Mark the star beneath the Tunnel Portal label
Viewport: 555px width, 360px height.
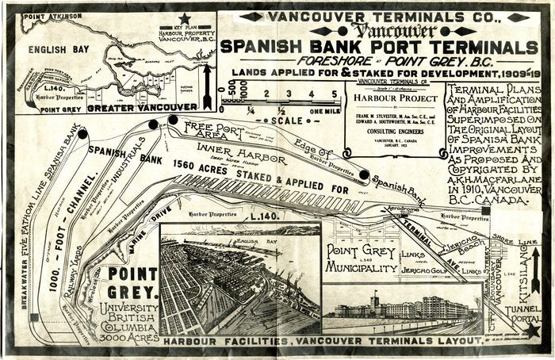click(532, 328)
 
